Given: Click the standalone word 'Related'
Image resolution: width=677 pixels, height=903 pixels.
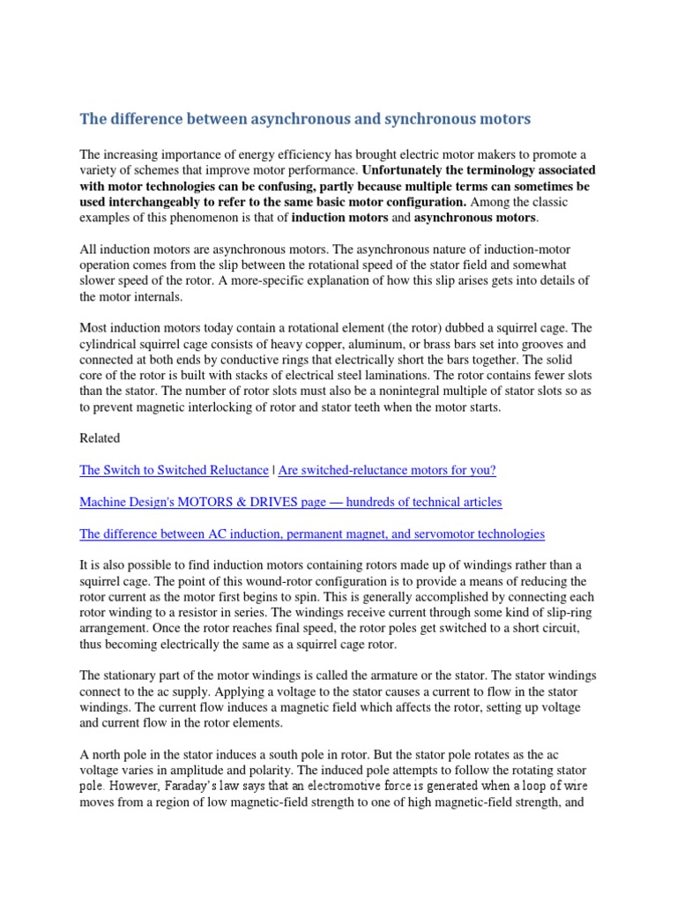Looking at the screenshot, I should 100,437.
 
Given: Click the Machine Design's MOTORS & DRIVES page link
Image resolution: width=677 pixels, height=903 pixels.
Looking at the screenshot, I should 290,502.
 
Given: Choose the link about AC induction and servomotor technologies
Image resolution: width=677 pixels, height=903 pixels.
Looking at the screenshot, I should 312,534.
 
